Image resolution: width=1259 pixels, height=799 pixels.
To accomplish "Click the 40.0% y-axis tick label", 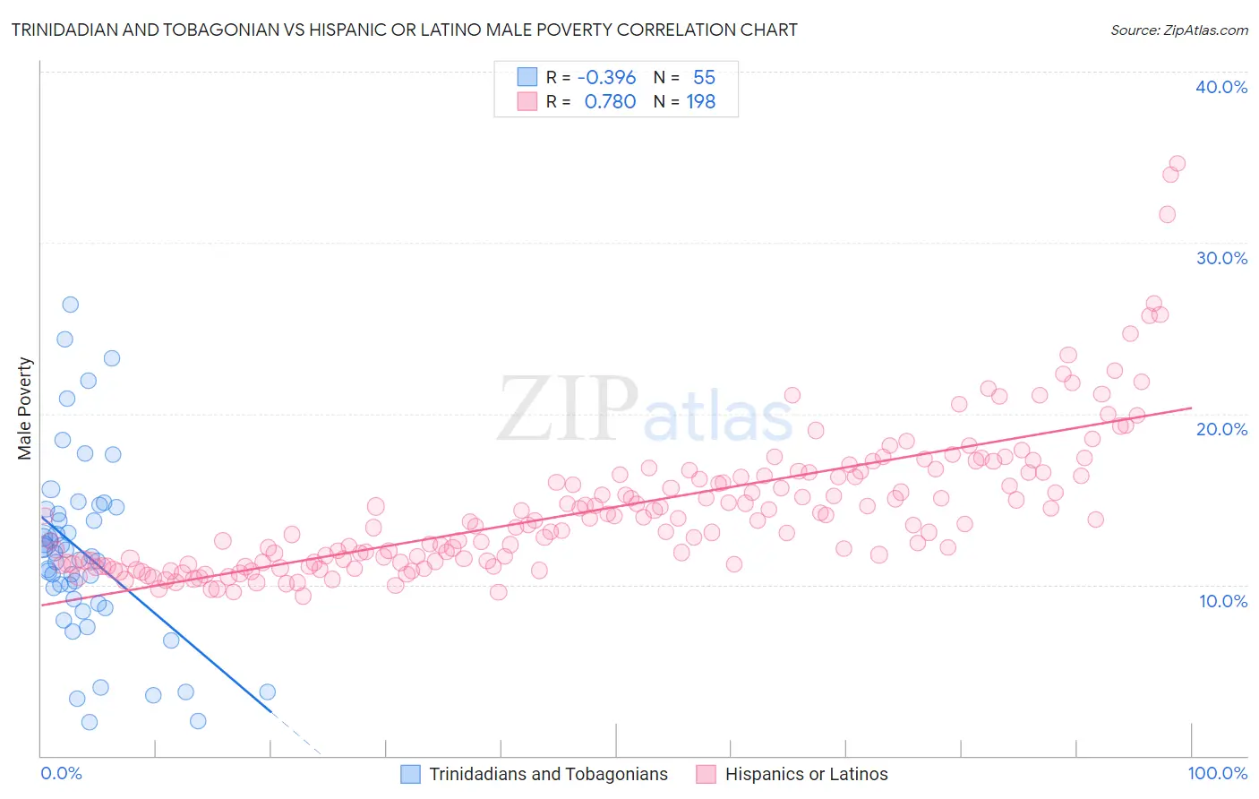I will point(1221,87).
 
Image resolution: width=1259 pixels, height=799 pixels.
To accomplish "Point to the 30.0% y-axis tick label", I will point(1221,258).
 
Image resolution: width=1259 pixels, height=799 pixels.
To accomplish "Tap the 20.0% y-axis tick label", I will point(1221,429).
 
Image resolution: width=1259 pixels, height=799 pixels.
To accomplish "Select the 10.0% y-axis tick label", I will point(1223,601).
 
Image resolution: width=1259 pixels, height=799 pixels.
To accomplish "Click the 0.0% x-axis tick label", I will point(61,773).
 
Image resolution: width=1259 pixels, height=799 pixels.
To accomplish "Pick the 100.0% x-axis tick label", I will point(1218,773).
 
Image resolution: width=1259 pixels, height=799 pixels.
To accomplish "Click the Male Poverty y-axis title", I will point(25,408).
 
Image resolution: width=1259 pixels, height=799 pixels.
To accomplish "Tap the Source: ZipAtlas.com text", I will point(1178,30).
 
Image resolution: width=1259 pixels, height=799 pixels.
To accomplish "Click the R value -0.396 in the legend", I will point(606,78).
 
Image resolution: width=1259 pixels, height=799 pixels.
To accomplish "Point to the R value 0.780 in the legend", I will point(610,102).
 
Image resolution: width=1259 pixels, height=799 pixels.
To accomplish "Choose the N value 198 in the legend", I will point(700,102).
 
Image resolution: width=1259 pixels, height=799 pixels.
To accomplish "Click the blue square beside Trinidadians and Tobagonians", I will point(410,774).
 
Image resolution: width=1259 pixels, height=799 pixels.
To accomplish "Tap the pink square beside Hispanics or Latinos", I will point(707,774).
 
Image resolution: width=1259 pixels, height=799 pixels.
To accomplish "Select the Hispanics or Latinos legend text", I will point(806,774).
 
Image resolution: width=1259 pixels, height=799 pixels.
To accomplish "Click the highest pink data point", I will point(1177,164).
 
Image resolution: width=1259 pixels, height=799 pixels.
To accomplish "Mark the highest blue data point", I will point(70,305).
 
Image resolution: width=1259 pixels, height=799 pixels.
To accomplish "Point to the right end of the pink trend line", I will point(1192,408).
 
